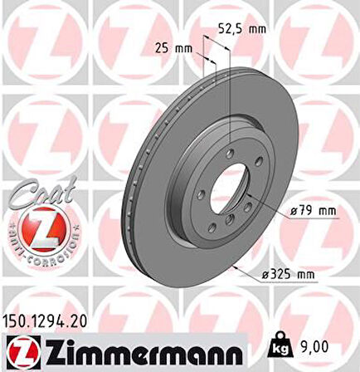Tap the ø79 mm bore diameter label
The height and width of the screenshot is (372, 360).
pyautogui.click(x=314, y=211)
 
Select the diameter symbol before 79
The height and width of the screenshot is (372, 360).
pyautogui.click(x=295, y=211)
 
